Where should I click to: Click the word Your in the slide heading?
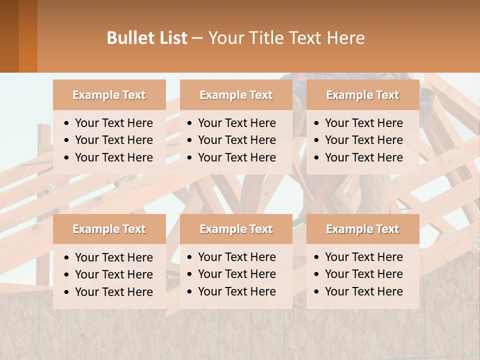[x=224, y=38]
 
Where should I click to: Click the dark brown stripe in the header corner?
[x=9, y=36]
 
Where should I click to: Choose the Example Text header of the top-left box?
[x=109, y=95]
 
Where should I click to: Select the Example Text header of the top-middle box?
[x=236, y=95]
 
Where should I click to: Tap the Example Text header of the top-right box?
[x=362, y=95]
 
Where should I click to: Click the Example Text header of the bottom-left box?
[x=109, y=229]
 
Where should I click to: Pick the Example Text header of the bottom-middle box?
[x=236, y=229]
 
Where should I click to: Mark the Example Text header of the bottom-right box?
[x=362, y=229]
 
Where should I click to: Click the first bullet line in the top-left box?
[x=113, y=123]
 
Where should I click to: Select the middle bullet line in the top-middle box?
[x=236, y=140]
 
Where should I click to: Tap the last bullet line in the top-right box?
[x=363, y=157]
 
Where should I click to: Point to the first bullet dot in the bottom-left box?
[x=67, y=258]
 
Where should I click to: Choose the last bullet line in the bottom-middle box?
[x=236, y=291]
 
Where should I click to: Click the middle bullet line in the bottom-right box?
[x=363, y=274]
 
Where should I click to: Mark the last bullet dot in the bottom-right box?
[x=317, y=292]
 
